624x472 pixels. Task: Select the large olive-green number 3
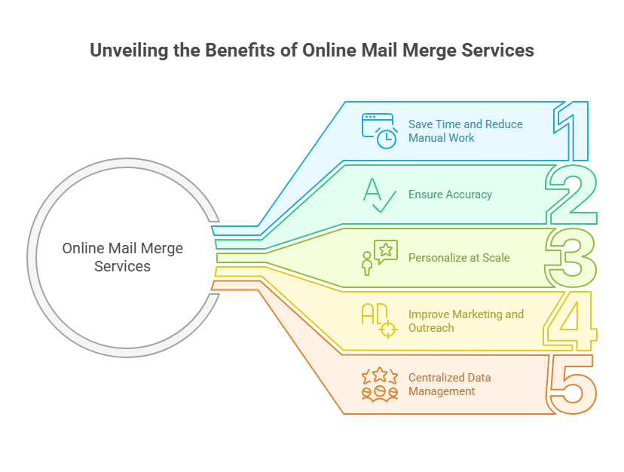pyautogui.click(x=571, y=258)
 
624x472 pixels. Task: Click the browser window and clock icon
pyautogui.click(x=379, y=130)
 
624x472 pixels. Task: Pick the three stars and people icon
pyautogui.click(x=379, y=384)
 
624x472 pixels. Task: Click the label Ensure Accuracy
pyautogui.click(x=450, y=195)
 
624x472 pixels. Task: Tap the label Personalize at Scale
pyautogui.click(x=459, y=258)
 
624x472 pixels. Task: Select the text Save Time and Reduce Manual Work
pyautogui.click(x=465, y=130)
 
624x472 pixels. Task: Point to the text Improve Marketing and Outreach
pyautogui.click(x=466, y=321)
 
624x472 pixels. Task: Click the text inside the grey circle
pyautogui.click(x=122, y=257)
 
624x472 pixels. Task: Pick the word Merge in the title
pyautogui.click(x=424, y=51)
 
